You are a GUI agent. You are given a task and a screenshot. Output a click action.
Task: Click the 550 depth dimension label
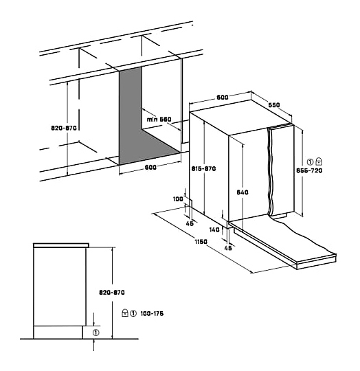274,105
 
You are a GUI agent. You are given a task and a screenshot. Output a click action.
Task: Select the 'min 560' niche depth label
159,120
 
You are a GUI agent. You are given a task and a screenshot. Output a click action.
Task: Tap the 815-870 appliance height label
203,169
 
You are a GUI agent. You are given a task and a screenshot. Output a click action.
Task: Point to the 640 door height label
243,192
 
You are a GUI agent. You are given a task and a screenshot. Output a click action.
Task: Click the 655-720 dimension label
309,170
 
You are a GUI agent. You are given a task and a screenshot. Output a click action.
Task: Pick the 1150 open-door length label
201,242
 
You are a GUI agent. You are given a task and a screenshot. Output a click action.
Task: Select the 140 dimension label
214,229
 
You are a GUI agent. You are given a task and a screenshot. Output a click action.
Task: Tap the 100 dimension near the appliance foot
178,199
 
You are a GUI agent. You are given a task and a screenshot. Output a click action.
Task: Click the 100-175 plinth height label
152,313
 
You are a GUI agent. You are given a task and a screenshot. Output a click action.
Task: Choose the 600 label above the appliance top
223,97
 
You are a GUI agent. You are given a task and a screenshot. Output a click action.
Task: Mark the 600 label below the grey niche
150,167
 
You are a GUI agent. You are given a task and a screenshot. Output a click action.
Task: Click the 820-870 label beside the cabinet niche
64,128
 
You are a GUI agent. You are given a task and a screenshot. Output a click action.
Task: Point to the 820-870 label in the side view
112,293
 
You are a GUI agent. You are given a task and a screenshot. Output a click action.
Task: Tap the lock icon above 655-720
319,161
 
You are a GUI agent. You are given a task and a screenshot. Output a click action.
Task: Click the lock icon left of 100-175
125,313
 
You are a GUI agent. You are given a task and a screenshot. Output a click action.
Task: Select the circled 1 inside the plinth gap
95,333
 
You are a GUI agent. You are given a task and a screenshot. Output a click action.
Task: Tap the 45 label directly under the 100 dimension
190,223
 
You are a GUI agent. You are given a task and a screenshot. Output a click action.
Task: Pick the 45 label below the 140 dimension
228,248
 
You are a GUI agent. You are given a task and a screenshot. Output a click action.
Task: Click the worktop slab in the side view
61,245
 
